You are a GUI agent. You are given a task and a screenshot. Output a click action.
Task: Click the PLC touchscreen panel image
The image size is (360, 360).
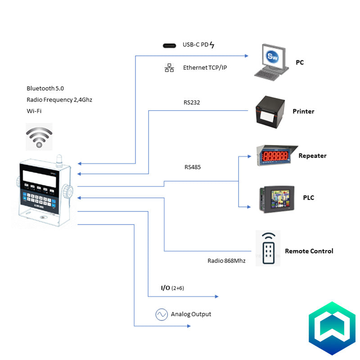pyautogui.click(x=276, y=198)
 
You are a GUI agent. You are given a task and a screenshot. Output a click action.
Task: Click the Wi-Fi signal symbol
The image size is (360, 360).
pyautogui.click(x=39, y=137)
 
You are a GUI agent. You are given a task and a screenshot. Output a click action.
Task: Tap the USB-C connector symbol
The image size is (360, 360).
pyautogui.click(x=170, y=45)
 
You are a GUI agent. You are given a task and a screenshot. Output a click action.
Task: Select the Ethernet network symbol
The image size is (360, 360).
pyautogui.click(x=169, y=68)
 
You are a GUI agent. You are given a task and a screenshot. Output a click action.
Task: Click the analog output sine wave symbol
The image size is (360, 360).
pyautogui.click(x=162, y=315)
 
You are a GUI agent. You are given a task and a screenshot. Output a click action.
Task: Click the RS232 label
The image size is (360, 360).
pyautogui.click(x=192, y=103)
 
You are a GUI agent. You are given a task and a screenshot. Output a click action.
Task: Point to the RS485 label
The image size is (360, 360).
pyautogui.click(x=193, y=167)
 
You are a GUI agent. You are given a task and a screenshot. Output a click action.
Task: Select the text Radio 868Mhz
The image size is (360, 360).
pyautogui.click(x=226, y=261)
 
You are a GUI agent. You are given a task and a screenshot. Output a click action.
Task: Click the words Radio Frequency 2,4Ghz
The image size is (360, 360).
pyautogui.click(x=59, y=99)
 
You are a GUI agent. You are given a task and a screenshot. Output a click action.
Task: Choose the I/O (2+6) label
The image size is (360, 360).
pyautogui.click(x=172, y=288)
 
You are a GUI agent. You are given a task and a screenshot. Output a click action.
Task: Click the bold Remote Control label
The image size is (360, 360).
pyautogui.click(x=309, y=251)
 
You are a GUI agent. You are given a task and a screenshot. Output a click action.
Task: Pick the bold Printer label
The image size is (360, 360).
pyautogui.click(x=303, y=111)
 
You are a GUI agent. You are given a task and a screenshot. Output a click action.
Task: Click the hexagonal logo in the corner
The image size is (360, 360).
pyautogui.click(x=332, y=328)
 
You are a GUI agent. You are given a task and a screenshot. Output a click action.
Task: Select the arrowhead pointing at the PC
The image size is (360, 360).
pyautogui.click(x=246, y=56)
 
